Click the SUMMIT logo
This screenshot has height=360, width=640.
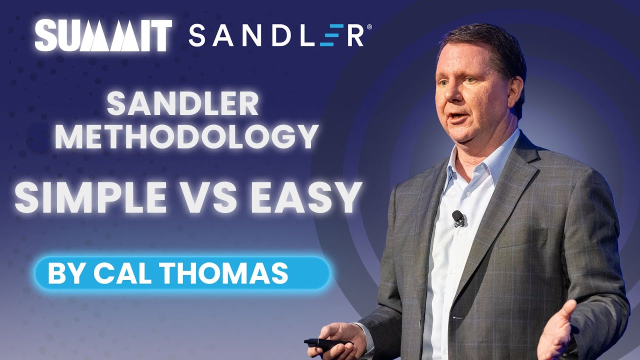[x=103, y=35]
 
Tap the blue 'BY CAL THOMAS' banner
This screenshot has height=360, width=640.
[x=182, y=273]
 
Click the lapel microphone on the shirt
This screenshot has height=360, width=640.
[x=458, y=217]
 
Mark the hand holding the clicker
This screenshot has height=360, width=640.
[x=340, y=337]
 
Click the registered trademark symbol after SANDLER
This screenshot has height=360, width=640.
[x=369, y=27]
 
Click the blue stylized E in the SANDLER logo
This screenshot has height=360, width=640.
[x=327, y=36]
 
